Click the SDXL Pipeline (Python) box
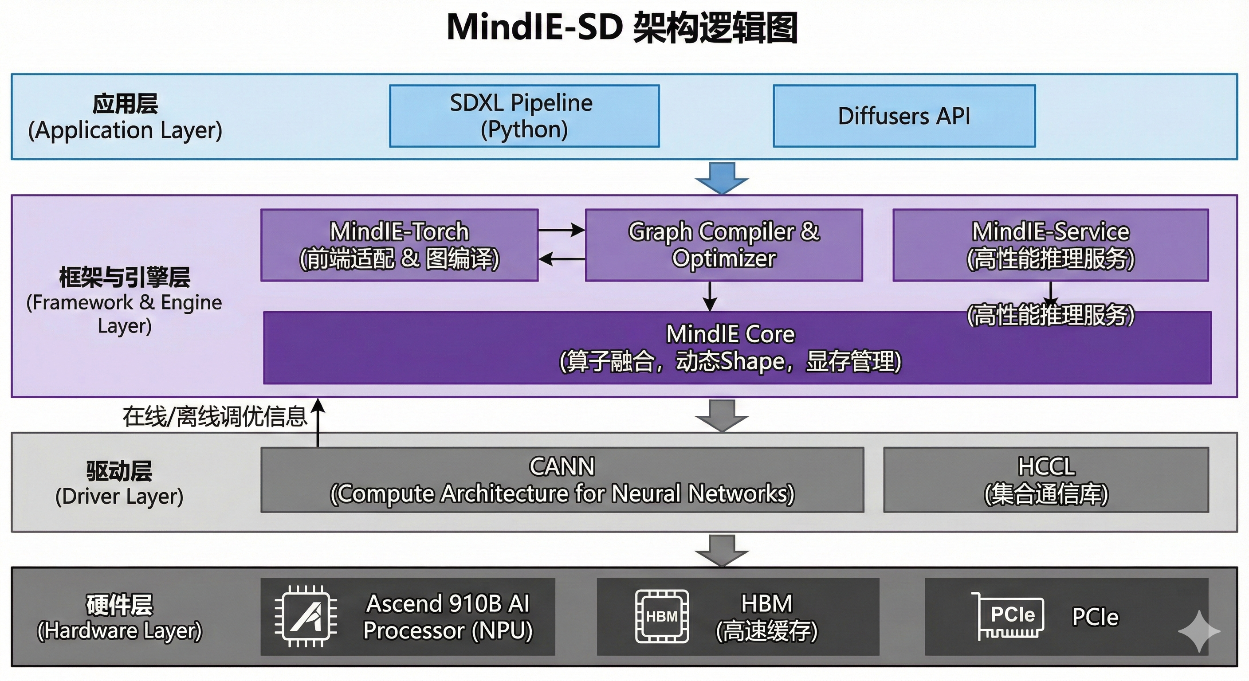coord(524,116)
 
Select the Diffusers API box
coord(904,116)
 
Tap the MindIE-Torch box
coord(399,245)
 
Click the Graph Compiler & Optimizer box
coord(723,245)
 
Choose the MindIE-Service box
coord(1050,245)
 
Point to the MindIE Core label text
coord(730,334)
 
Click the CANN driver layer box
coord(562,479)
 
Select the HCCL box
coord(1046,479)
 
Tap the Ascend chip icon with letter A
coord(306,617)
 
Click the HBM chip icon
coord(661,617)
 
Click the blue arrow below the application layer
coord(722,178)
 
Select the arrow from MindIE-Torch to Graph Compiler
coord(561,230)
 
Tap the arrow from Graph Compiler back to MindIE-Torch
coord(561,260)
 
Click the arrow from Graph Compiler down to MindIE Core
coord(710,296)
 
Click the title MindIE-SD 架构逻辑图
coord(622,27)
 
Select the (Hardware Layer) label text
coord(119,630)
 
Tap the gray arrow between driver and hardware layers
coord(722,550)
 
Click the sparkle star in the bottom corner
coord(1198,631)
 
